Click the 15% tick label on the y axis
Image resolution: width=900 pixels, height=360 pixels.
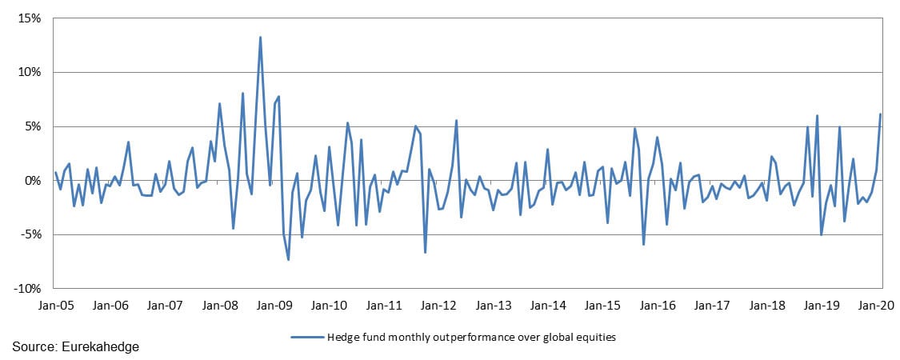coord(30,18)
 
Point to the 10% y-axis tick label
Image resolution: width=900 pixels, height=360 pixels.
coord(30,72)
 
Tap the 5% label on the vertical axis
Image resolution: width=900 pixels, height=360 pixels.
coord(34,126)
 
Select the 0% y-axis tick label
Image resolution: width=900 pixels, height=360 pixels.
coord(34,181)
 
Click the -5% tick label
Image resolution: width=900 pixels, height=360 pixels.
coord(32,234)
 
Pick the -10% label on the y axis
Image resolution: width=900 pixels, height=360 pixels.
coord(30,289)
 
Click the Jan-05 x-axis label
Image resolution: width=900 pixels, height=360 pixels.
coord(55,305)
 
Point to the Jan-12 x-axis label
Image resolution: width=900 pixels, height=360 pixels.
coord(438,305)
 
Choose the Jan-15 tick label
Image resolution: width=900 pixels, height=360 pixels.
coord(602,305)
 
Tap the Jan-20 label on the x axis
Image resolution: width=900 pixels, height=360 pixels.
coord(876,305)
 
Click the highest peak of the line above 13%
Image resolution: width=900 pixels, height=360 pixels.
coord(260,37)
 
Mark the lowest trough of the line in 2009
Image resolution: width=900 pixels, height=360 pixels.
coord(288,260)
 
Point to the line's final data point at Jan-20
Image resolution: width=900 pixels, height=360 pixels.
coord(880,114)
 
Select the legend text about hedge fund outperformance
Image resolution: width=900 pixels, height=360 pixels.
coord(471,337)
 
